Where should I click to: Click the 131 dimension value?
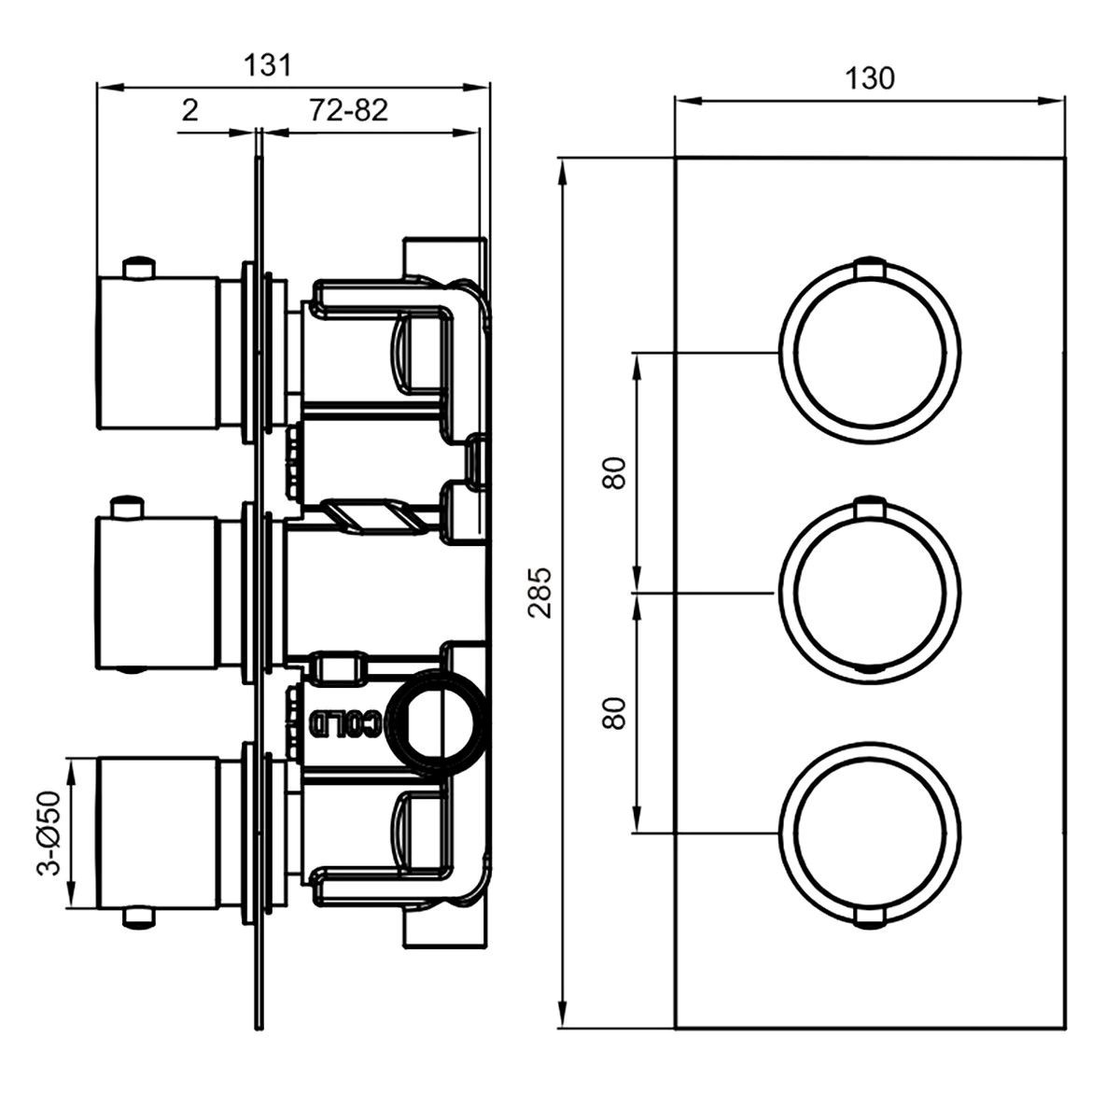[x=267, y=65]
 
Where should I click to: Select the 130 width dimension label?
[x=870, y=79]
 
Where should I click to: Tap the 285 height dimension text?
[x=540, y=593]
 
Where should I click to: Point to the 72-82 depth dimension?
[x=348, y=110]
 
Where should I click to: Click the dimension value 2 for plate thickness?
[x=190, y=110]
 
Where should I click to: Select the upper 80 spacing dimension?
[x=614, y=473]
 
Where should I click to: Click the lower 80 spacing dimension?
[x=614, y=713]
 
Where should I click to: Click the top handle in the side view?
[x=158, y=353]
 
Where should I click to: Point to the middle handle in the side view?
[x=158, y=593]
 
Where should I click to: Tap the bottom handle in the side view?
[x=158, y=833]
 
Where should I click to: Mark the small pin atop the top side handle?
[x=140, y=267]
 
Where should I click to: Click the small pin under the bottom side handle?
[x=140, y=917]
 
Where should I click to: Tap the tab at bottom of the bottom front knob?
[x=870, y=919]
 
